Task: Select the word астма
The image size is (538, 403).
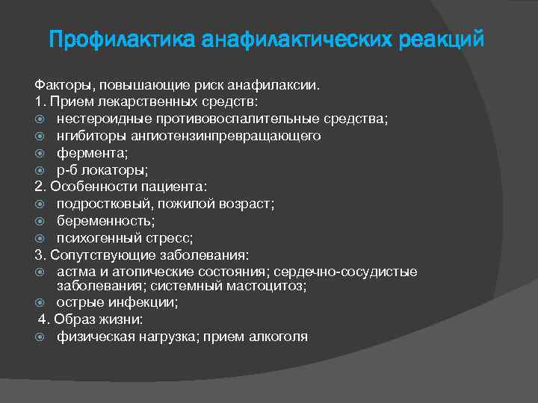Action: coord(74,271)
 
